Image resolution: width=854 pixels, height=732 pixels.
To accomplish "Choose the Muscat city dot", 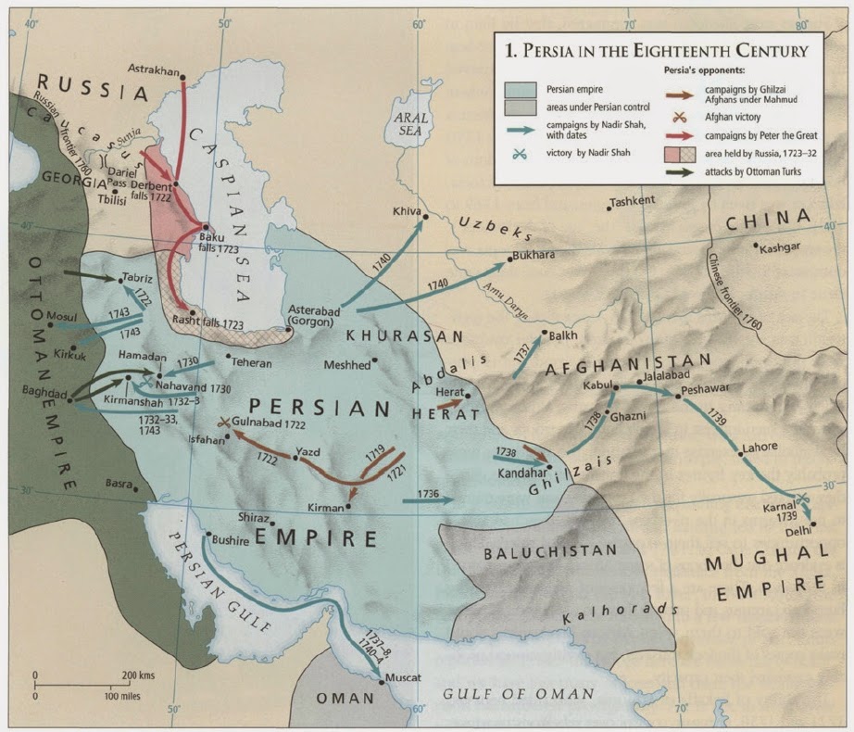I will point(383,682).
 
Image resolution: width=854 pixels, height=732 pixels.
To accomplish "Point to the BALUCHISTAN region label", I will point(551,550).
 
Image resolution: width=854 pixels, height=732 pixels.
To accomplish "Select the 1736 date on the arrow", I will point(428,492).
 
